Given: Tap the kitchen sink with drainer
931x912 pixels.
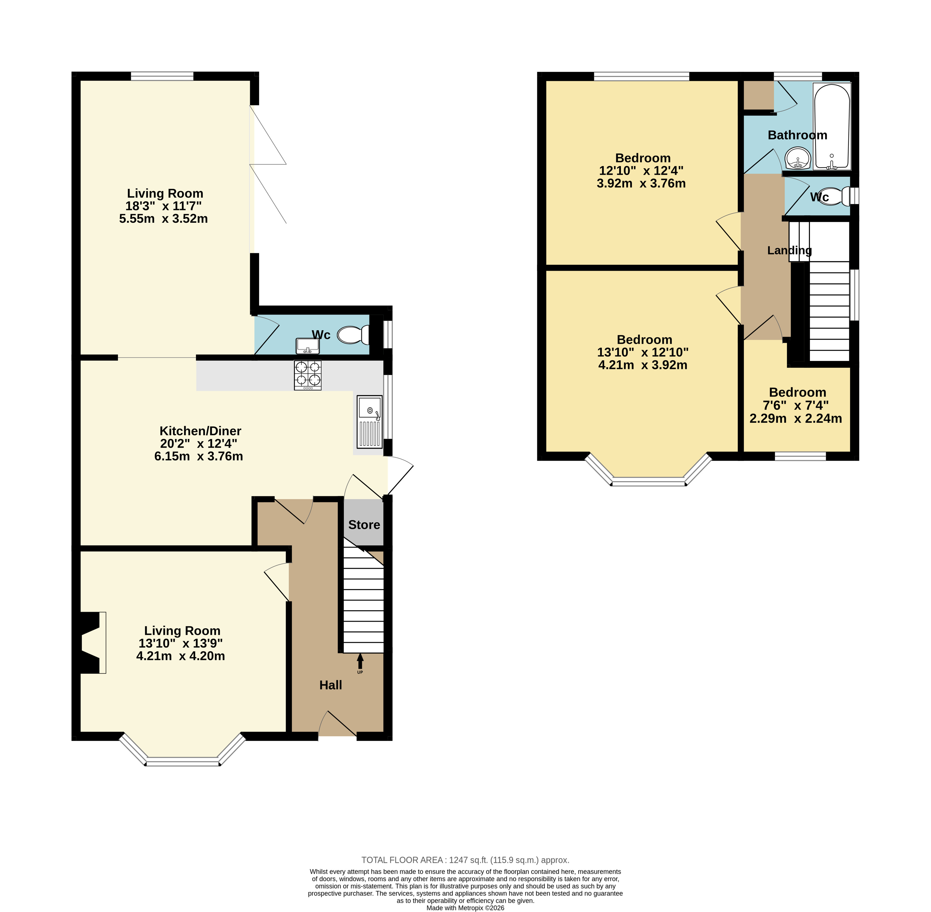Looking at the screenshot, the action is point(370,421).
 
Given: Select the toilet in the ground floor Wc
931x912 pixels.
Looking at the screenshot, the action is point(354,335).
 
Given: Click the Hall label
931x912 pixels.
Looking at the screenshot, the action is point(331,685).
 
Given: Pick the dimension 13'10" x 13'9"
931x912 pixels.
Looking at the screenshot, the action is point(181,643).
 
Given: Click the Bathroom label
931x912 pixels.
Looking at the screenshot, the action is point(797,135).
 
